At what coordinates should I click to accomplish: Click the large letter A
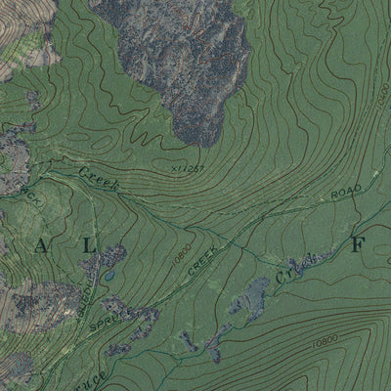[41, 246]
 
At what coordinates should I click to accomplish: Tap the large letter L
[89, 246]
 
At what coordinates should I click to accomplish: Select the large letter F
[357, 245]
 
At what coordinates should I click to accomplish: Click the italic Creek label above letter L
[97, 177]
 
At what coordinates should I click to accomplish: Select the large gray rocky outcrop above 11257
[186, 59]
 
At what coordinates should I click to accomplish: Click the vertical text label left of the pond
[91, 289]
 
